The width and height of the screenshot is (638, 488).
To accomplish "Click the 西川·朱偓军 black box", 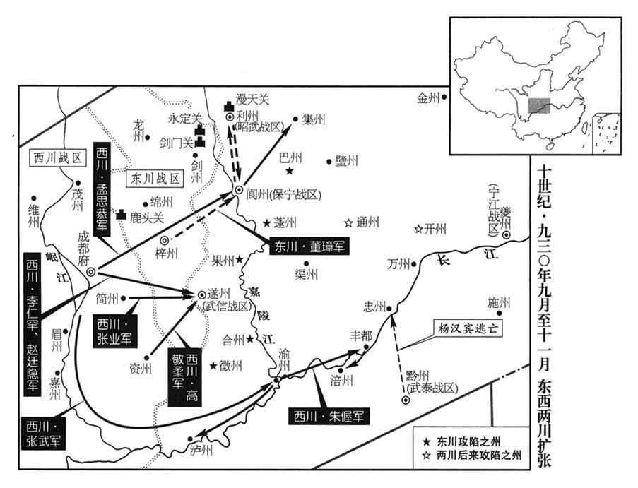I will [x=329, y=416].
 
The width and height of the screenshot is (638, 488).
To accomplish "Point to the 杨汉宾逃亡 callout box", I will [x=466, y=329].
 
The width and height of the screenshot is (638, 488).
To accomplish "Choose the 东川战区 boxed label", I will [x=154, y=179].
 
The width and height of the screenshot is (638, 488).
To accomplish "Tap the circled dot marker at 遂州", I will [x=201, y=295].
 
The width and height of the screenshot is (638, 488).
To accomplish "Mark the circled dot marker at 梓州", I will [x=165, y=241].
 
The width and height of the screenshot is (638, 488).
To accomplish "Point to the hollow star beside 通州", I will [x=348, y=222].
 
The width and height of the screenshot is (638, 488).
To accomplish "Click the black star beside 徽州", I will [x=213, y=366].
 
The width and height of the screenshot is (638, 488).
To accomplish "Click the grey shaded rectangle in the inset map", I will [x=540, y=107].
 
